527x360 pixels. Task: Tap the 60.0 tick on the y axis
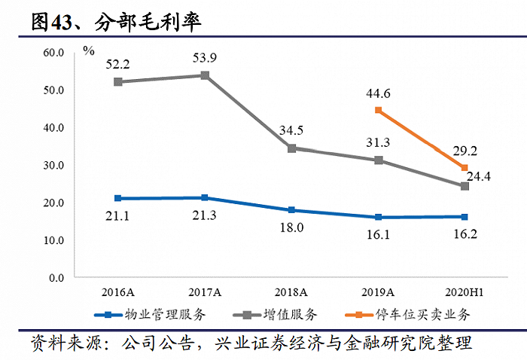point(54,53)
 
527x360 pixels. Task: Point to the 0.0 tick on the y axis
point(57,278)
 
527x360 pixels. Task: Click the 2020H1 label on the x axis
point(465,291)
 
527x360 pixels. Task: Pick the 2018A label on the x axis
point(291,291)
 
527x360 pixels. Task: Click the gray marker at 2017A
point(205,75)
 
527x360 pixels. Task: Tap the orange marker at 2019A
point(379,111)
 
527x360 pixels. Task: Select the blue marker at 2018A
point(291,210)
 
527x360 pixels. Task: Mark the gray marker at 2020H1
point(465,186)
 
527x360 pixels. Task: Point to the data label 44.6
point(378,93)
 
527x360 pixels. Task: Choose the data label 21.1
point(118,218)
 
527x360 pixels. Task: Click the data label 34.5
point(291,131)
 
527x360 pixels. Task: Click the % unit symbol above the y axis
point(89,50)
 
